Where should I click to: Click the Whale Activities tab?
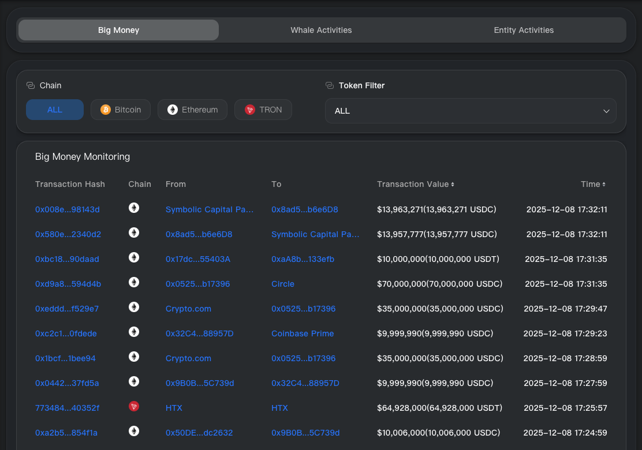[321, 30]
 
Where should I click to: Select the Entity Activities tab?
[524, 30]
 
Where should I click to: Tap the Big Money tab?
[118, 30]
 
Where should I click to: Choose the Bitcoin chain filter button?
[121, 110]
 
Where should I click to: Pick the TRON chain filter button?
[263, 110]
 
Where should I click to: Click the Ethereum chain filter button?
[192, 110]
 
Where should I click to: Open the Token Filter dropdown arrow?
[606, 111]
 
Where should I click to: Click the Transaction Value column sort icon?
[453, 185]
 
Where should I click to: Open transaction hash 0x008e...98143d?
[68, 209]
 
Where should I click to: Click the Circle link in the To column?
[283, 284]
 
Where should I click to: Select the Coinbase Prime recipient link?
[303, 333]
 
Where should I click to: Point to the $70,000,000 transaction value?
[439, 284]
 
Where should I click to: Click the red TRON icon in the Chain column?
[134, 407]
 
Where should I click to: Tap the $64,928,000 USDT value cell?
[439, 408]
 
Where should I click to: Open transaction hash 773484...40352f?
[68, 408]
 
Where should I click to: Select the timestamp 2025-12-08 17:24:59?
[565, 433]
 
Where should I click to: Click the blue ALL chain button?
[55, 110]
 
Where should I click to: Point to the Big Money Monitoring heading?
[83, 156]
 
